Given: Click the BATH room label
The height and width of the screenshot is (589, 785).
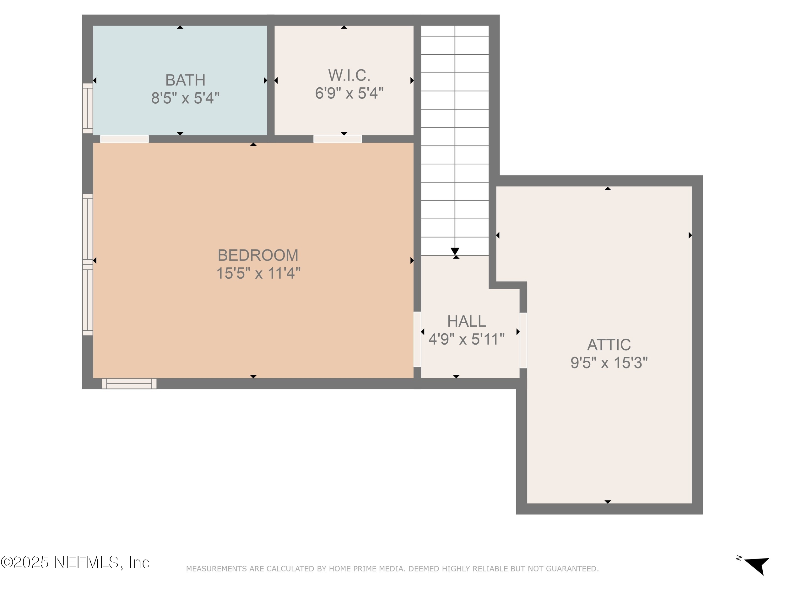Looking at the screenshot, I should click(x=185, y=80).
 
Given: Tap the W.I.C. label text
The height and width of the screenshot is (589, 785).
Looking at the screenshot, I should click(x=349, y=75).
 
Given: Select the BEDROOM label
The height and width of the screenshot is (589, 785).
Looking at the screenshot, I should click(x=258, y=255).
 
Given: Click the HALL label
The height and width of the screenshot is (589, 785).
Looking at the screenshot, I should click(x=466, y=321).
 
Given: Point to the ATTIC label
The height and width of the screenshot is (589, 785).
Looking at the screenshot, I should click(x=609, y=345).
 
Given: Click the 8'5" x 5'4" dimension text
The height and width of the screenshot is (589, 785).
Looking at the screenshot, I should click(x=185, y=98).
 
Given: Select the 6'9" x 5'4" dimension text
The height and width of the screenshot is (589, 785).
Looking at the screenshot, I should click(x=349, y=93).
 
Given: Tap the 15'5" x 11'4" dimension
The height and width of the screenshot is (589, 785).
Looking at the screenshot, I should click(x=258, y=273).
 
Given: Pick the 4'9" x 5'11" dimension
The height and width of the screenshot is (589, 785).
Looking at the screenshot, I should click(x=466, y=339).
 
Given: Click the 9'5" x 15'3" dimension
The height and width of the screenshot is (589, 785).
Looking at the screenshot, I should click(x=609, y=363).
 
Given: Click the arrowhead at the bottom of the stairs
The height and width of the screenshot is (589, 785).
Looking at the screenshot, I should click(x=455, y=251).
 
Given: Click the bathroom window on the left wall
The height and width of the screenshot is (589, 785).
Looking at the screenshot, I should click(x=88, y=108).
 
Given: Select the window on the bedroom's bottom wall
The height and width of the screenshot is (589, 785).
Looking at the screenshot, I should click(x=129, y=384).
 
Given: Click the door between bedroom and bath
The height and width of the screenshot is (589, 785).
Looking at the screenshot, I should click(x=124, y=139).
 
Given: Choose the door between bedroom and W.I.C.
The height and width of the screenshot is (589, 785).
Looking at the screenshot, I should click(x=338, y=139).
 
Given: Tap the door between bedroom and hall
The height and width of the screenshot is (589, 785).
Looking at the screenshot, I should click(x=417, y=339).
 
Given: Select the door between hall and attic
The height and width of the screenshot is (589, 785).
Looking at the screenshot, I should click(x=523, y=340).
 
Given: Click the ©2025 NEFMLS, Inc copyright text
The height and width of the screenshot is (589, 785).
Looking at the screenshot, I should click(x=75, y=562).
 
